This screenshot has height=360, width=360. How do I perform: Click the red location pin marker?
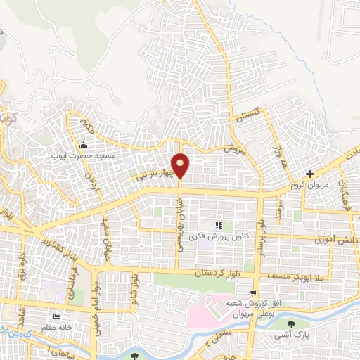point(181,165)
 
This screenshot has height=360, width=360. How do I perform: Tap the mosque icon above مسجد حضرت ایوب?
point(84,145)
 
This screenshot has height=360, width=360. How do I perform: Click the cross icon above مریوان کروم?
point(310,173)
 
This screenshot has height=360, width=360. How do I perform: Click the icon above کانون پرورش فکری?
point(219,224)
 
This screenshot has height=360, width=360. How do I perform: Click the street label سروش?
point(233,150)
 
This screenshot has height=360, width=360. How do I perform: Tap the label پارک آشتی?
point(292,337)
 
